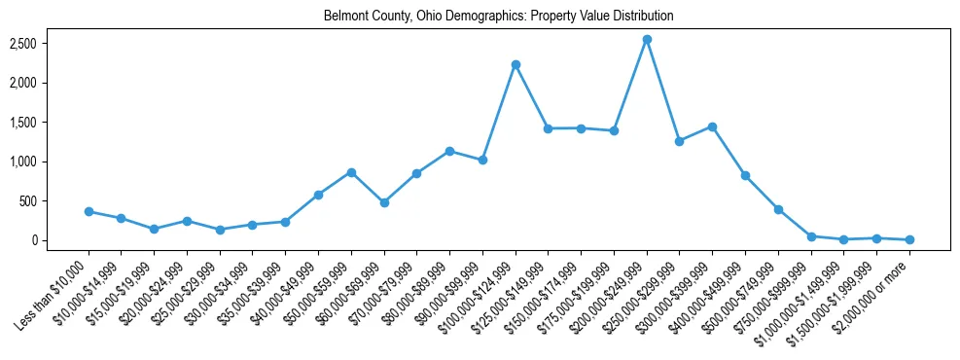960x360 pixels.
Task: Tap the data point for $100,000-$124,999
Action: point(516,64)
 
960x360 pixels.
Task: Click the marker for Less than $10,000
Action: point(89,211)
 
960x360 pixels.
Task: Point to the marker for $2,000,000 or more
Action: point(909,239)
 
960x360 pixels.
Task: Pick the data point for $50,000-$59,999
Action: point(351,172)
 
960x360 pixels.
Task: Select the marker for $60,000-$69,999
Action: point(384,202)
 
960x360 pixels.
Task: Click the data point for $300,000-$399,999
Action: point(712,126)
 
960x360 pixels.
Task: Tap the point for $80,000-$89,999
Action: point(449,151)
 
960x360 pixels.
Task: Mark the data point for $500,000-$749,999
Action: point(778,209)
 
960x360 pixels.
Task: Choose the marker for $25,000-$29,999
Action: point(220,230)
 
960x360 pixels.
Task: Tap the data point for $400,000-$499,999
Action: point(745,175)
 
